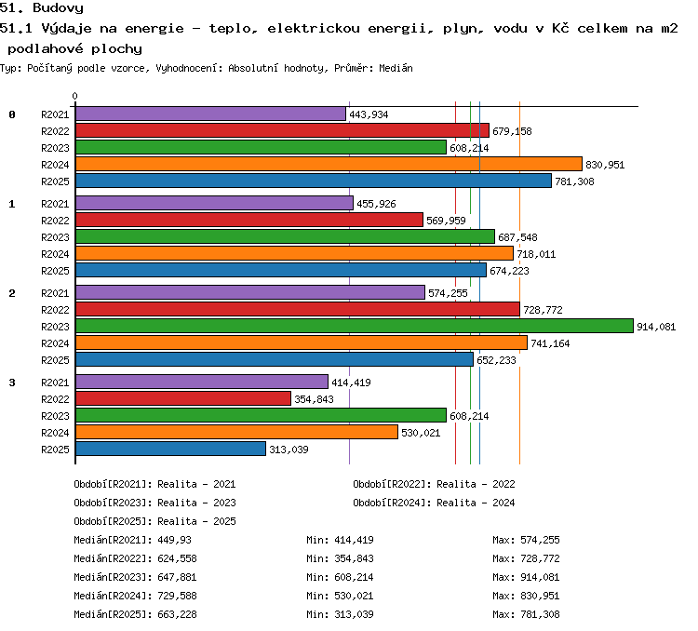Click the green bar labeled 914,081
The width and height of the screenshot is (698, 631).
[x=355, y=326]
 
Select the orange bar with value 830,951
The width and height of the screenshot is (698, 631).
[x=329, y=164]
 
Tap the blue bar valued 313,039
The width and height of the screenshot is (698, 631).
[x=170, y=449]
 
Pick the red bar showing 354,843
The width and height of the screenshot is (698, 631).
[x=183, y=398]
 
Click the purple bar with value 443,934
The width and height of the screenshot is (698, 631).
[x=210, y=114]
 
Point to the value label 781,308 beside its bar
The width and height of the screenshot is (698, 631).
[x=574, y=181]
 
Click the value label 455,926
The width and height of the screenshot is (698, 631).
[x=376, y=204]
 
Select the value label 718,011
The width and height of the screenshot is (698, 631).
[x=536, y=254]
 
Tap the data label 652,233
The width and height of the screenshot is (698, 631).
[x=496, y=360]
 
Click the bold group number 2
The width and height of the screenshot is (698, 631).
[x=12, y=293]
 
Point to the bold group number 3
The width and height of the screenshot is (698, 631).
[x=12, y=383]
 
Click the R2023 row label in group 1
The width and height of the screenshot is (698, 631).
[x=55, y=237]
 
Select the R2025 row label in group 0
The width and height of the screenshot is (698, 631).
[x=55, y=181]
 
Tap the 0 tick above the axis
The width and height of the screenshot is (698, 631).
[x=74, y=96]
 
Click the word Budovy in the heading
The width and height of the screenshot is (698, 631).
[x=58, y=8]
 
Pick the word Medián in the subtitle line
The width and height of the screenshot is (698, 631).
[x=396, y=68]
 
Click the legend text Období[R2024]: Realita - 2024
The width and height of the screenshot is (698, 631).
[x=434, y=503]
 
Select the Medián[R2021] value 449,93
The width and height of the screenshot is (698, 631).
[x=175, y=540]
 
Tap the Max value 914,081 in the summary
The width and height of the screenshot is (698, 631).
[x=540, y=578]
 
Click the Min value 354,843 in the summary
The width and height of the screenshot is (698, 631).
[x=354, y=558]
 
